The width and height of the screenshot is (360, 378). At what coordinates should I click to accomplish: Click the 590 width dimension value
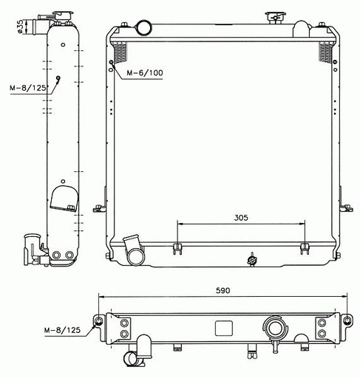[x=223, y=291]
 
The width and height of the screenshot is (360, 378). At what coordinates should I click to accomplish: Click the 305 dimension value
[x=241, y=218]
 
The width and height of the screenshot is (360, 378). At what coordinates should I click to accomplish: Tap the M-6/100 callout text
[x=145, y=73]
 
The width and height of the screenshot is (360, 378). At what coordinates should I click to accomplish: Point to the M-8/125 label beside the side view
[x=28, y=88]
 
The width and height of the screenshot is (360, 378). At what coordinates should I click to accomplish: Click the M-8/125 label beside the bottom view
[x=62, y=330]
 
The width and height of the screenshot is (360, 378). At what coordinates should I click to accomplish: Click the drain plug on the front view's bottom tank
[x=252, y=260]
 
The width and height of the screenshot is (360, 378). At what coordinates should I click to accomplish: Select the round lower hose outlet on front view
[x=135, y=256]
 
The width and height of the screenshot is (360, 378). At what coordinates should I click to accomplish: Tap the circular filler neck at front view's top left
[x=143, y=27]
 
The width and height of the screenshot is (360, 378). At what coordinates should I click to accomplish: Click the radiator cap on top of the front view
[x=275, y=18]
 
